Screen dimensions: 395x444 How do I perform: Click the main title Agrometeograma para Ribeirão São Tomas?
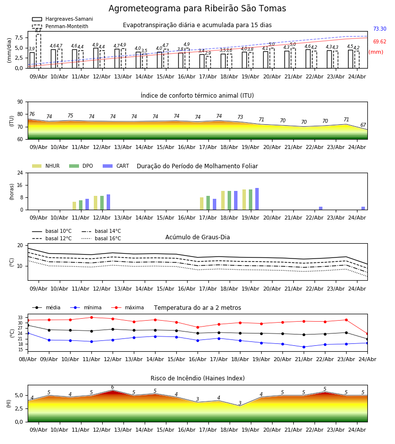[197, 8]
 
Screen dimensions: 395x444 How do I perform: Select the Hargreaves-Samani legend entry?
[63, 19]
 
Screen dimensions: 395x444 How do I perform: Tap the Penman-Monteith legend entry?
[60, 26]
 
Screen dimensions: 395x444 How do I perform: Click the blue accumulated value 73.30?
[380, 29]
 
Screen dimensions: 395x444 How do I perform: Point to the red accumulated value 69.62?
[380, 41]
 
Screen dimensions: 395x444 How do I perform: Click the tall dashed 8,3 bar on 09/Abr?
[39, 51]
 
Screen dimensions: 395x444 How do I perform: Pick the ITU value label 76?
[32, 114]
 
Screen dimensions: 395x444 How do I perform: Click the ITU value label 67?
[363, 125]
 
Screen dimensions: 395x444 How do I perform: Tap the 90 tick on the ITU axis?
[20, 102]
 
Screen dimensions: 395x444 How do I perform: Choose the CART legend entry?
[116, 166]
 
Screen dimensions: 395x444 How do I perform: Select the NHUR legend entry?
[46, 166]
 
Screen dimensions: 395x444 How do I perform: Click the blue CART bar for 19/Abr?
[257, 199]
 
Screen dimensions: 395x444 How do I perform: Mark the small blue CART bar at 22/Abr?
[320, 208]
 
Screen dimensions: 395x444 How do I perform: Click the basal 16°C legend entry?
[101, 238]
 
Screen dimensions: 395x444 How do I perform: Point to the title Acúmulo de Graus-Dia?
[197, 237]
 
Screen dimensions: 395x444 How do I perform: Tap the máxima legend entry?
[127, 307]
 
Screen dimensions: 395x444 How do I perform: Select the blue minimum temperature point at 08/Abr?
[28, 333]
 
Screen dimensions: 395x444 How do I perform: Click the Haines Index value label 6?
[113, 387]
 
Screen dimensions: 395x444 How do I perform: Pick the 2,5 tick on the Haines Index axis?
[19, 408]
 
